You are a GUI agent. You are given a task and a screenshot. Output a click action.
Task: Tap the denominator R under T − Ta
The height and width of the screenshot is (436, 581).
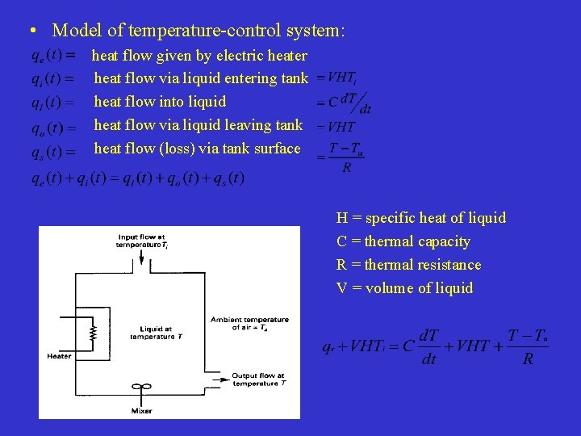(x=346, y=168)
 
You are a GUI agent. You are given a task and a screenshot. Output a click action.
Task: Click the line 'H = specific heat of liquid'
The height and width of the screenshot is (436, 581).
(x=421, y=218)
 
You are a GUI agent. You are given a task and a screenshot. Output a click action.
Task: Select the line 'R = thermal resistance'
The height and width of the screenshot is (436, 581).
(x=408, y=265)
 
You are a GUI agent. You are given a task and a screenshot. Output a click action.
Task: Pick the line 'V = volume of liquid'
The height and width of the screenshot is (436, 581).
(x=404, y=288)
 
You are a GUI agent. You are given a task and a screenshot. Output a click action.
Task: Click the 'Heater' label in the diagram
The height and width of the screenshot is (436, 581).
(x=59, y=356)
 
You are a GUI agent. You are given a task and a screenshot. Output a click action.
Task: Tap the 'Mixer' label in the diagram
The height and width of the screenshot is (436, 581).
(x=142, y=411)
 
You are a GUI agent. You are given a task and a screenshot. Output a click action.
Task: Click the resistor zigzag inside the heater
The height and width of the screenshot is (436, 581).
(x=93, y=331)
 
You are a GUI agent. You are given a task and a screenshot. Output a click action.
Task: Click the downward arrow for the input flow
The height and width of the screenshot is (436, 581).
(x=142, y=258)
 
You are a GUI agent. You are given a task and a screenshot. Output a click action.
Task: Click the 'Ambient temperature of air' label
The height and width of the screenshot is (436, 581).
(x=249, y=323)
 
